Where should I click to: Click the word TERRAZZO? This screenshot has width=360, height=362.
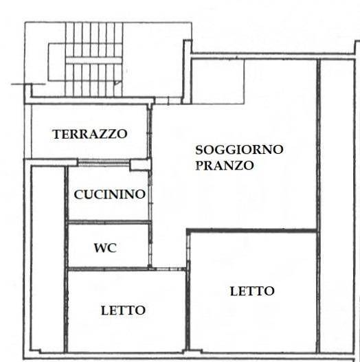tap(89, 134)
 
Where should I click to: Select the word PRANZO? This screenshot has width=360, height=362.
tap(224, 166)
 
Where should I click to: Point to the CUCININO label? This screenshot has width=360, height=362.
tap(110, 194)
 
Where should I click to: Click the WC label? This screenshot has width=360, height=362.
tap(105, 248)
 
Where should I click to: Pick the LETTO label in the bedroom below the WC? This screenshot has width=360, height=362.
tap(123, 310)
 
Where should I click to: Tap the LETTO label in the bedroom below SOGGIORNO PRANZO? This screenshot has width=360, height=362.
tap(252, 291)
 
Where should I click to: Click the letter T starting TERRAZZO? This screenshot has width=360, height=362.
tap(56, 134)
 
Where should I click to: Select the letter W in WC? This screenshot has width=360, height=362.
tap(100, 248)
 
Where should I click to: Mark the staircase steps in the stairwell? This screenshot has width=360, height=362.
tap(93, 59)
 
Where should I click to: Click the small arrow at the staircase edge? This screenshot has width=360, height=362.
tap(117, 83)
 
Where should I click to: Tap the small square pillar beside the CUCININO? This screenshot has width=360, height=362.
tap(140, 164)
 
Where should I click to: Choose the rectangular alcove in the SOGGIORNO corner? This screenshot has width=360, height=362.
tap(217, 82)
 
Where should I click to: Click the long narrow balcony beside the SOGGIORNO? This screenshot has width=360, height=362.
tap(337, 206)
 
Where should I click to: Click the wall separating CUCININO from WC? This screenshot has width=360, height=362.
tap(108, 222)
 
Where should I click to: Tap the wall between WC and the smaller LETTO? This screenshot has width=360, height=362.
tap(108, 269)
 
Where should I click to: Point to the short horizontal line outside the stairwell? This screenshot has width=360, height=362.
tap(19, 84)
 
